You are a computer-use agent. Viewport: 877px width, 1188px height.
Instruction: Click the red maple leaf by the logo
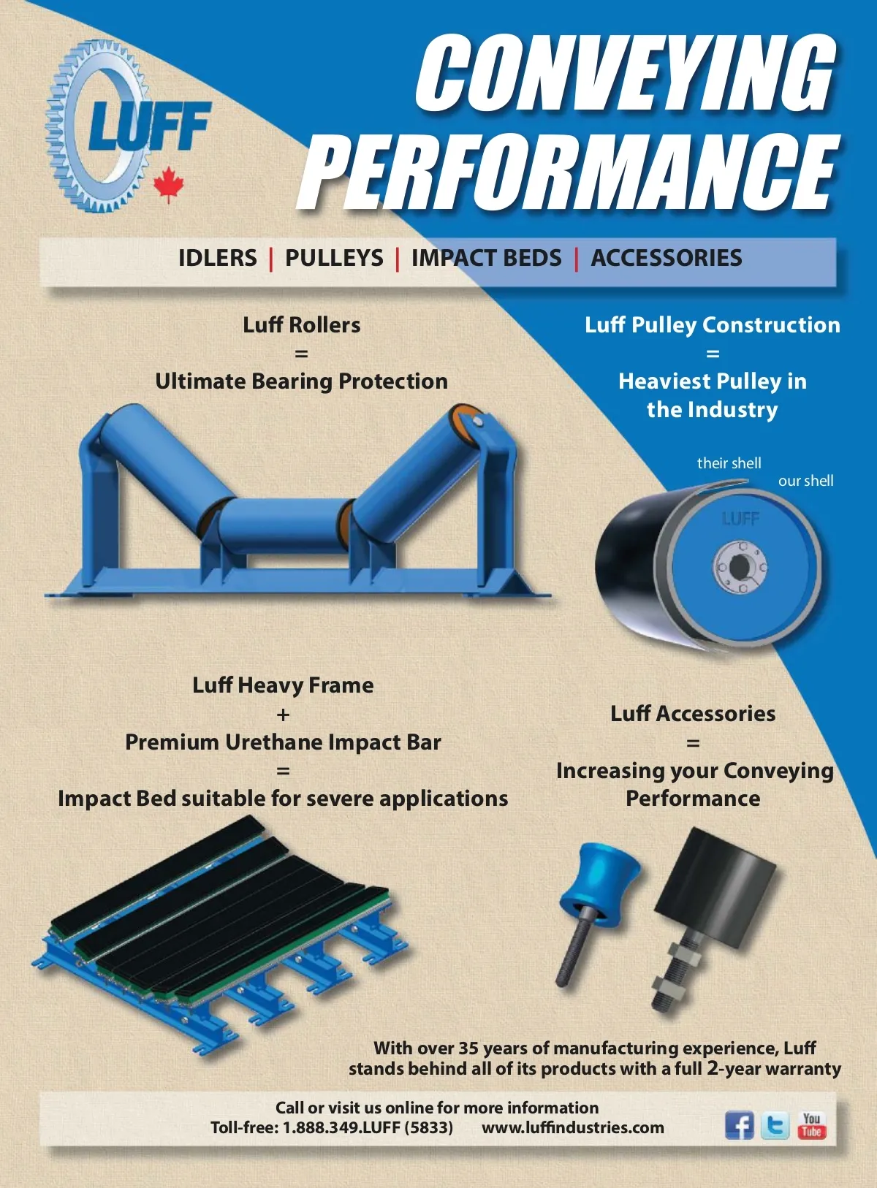169,183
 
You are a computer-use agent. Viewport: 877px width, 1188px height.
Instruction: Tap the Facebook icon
740,1124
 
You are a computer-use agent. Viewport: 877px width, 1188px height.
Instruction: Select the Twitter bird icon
775,1124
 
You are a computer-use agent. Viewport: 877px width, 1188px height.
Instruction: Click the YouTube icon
812,1124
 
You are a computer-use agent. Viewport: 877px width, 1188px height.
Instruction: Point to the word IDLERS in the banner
218,258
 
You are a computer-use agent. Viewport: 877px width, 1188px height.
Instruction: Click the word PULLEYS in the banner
334,258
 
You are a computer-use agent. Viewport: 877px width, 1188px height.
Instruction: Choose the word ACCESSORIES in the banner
667,258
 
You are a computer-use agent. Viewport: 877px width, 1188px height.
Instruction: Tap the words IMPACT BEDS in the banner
487,258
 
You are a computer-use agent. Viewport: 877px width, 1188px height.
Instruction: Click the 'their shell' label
729,462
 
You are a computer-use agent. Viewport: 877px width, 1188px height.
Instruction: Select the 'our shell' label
806,481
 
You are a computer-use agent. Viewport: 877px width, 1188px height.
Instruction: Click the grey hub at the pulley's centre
740,565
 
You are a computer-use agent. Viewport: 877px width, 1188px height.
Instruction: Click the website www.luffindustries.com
573,1127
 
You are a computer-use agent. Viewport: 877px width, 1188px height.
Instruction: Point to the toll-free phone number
332,1127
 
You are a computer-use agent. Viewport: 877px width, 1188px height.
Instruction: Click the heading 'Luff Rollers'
301,324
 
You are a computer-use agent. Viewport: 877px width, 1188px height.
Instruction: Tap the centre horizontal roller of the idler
280,527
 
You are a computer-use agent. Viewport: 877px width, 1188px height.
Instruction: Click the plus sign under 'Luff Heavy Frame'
283,715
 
